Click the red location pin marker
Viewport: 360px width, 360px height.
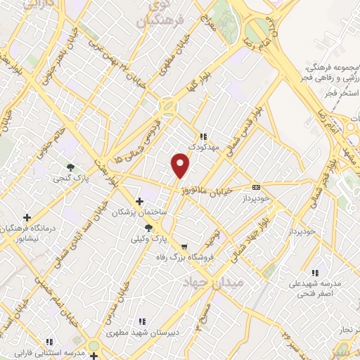[181, 166]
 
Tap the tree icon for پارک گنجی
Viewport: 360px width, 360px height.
[70, 167]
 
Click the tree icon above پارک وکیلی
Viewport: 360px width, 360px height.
[148, 228]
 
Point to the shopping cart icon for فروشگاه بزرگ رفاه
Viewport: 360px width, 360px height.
[184, 247]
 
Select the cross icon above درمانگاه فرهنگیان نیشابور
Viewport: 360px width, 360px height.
[27, 218]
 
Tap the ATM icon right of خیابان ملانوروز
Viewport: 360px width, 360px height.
[256, 187]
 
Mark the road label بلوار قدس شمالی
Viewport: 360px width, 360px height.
[247, 132]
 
